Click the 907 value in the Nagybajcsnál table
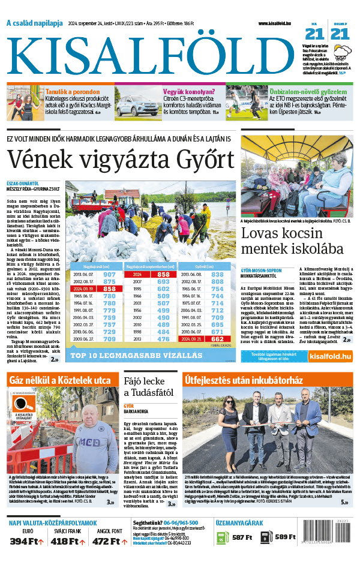109,274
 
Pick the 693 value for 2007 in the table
164,281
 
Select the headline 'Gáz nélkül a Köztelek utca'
59,381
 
